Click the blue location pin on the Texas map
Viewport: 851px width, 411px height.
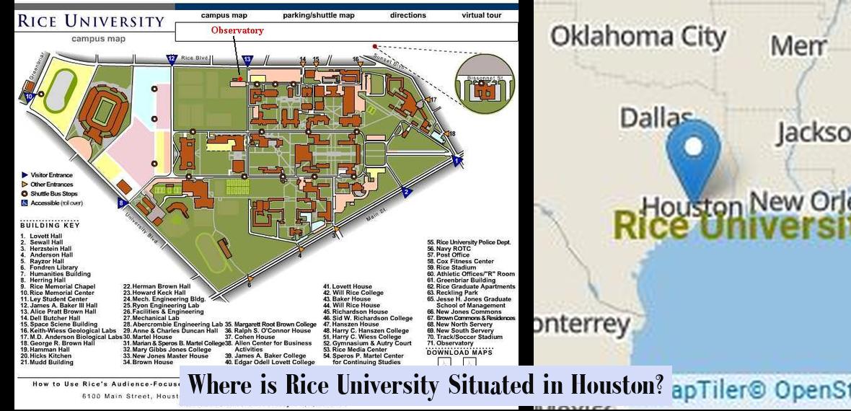click(694, 155)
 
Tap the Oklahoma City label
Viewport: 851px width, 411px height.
click(638, 37)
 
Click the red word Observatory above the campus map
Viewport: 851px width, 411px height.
click(237, 30)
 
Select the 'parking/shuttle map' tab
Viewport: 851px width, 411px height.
click(319, 14)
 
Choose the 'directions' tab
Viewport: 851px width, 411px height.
click(407, 14)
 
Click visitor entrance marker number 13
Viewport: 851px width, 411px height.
click(247, 59)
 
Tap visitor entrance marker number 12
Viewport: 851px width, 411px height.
click(172, 59)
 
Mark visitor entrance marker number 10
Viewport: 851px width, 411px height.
click(30, 94)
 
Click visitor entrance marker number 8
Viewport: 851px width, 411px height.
click(121, 204)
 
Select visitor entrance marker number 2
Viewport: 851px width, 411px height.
click(407, 192)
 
